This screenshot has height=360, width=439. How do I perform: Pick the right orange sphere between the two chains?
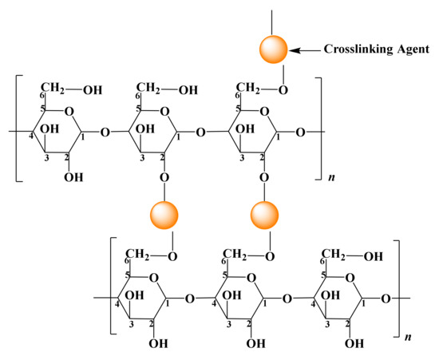coord(265,214)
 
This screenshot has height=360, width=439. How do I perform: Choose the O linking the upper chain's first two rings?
coord(105,133)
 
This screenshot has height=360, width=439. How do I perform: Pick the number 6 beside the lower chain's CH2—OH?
coord(323,262)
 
